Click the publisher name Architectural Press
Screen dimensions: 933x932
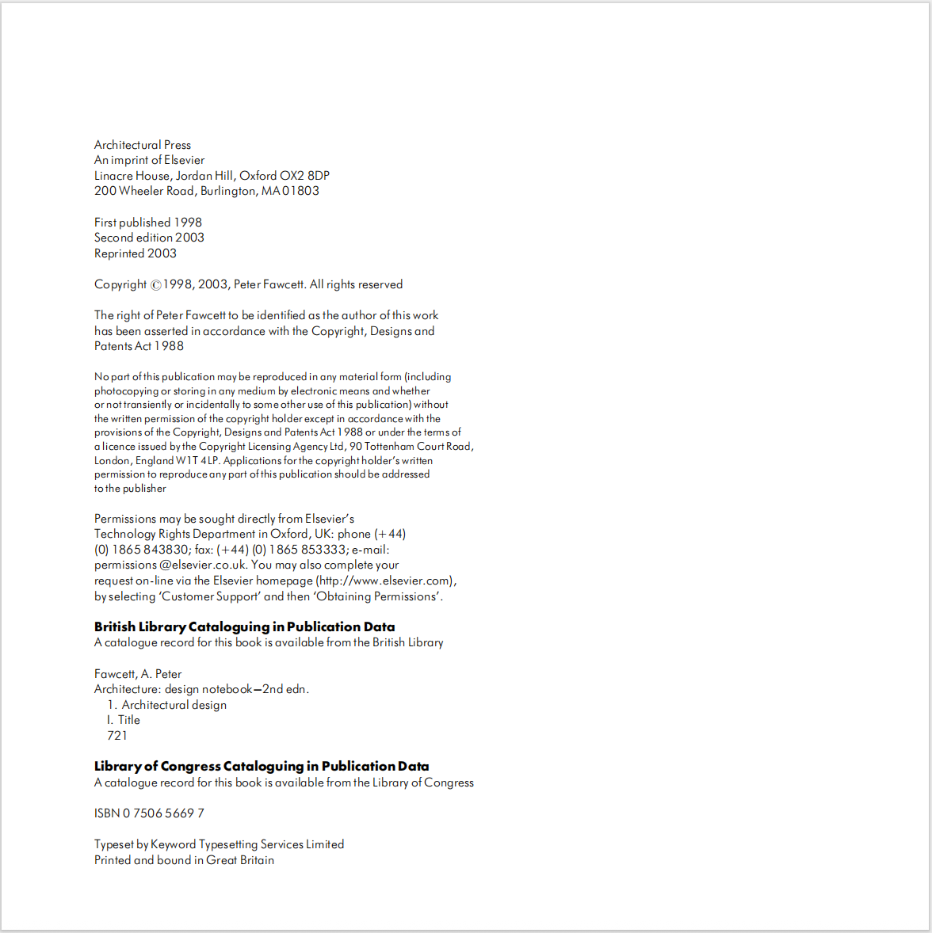click(x=143, y=145)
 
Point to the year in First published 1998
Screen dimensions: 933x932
click(x=188, y=223)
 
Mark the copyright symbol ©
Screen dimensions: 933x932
click(x=156, y=285)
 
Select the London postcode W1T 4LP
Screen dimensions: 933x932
click(x=198, y=461)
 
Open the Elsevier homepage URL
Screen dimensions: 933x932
click(x=386, y=581)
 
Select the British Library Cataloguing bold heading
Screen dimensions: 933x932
click(x=244, y=627)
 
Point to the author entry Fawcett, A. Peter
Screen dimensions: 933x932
click(x=138, y=674)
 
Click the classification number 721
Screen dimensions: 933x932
click(x=117, y=736)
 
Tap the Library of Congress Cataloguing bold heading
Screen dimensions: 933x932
click(x=262, y=767)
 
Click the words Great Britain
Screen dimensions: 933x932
click(x=240, y=860)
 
